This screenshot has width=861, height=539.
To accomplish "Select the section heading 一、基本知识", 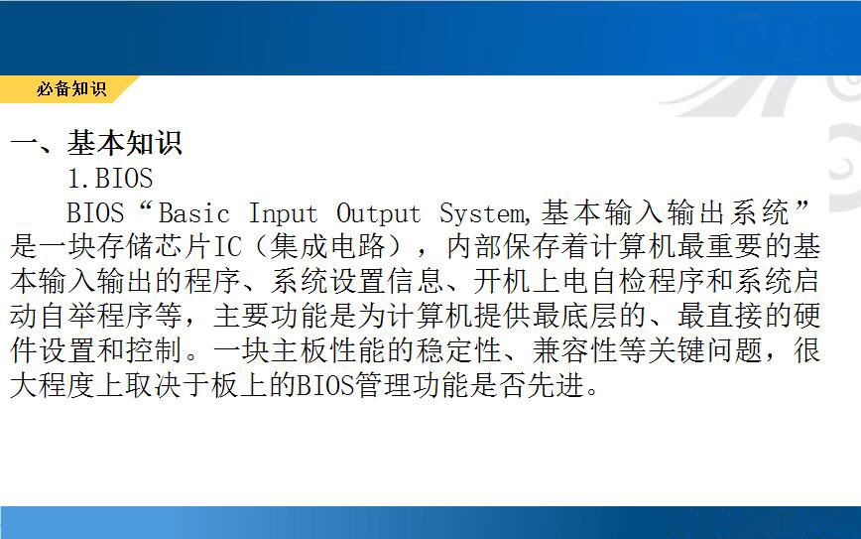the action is click(x=96, y=143).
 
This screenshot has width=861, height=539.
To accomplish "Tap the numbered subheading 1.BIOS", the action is click(x=110, y=178).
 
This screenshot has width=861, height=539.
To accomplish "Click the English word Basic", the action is click(x=193, y=213).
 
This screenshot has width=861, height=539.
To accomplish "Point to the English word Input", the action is click(x=283, y=214).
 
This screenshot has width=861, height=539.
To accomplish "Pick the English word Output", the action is click(x=378, y=214).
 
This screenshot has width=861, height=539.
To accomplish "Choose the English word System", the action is click(x=482, y=214).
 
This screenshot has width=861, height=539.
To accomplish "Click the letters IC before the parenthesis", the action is click(x=227, y=247).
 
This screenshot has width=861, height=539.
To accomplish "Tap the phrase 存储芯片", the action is click(x=155, y=247).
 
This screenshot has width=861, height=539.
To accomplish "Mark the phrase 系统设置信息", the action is click(x=356, y=281).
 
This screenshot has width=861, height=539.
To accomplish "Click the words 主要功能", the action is click(x=270, y=316).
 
